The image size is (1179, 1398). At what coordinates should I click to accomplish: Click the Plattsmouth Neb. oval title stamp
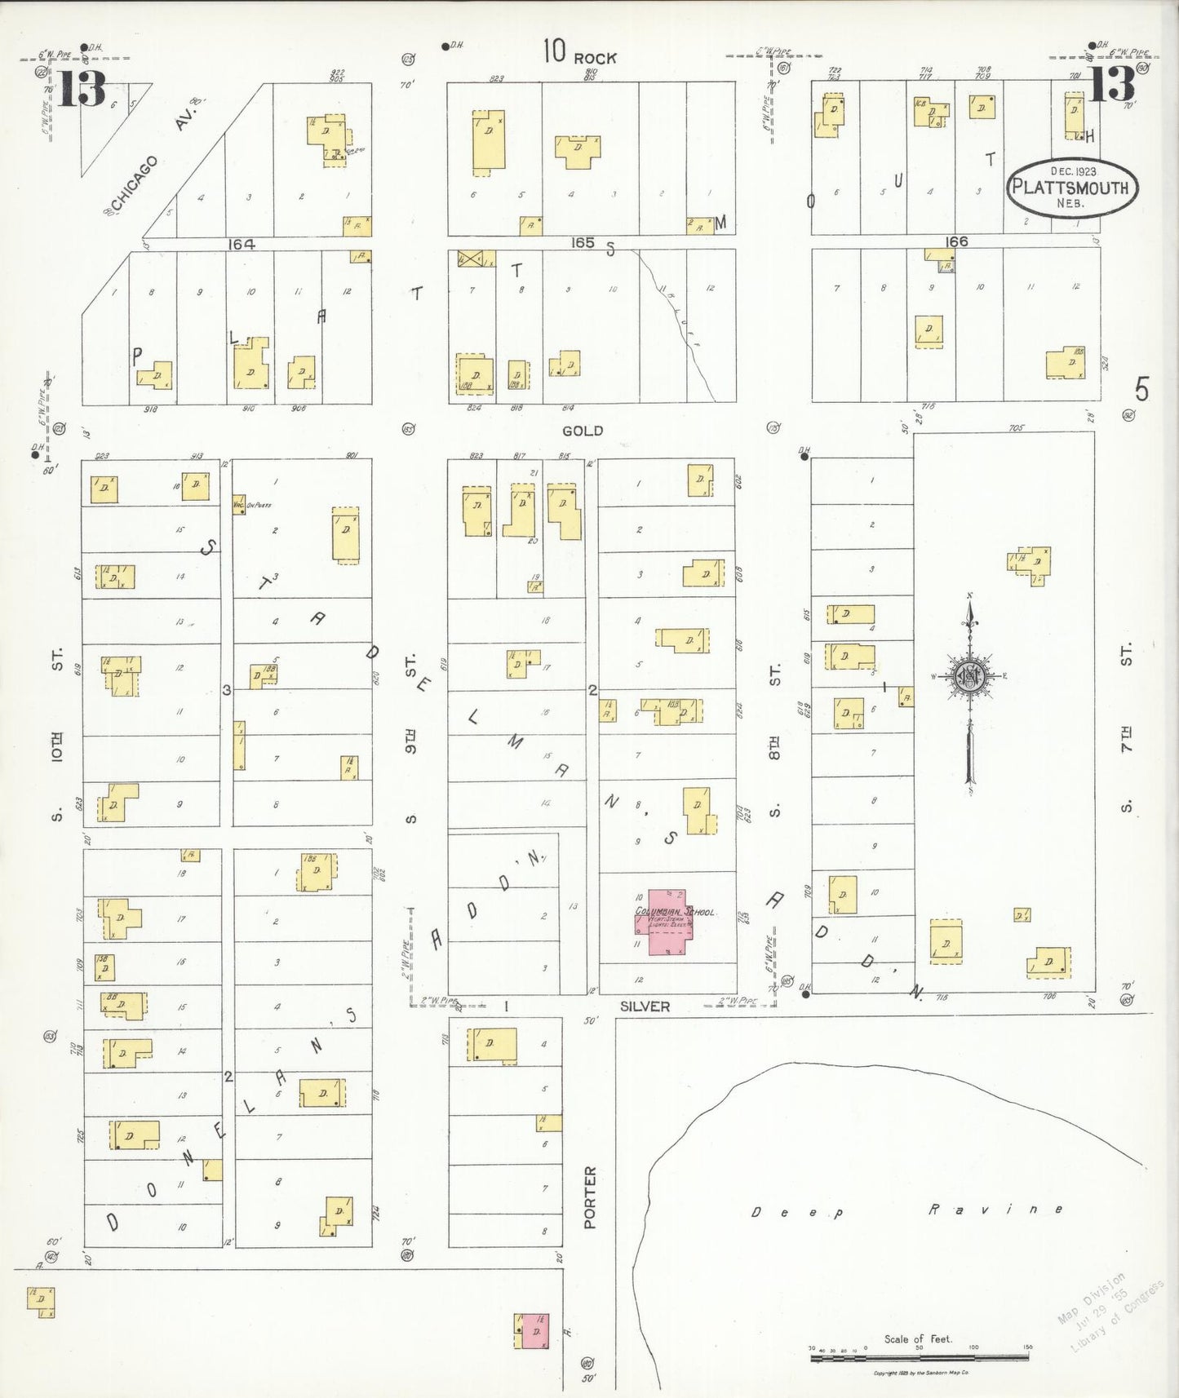[x=1070, y=187]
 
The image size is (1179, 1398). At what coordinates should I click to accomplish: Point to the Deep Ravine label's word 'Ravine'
[x=995, y=1210]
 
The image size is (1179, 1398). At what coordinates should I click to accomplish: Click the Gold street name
[x=582, y=431]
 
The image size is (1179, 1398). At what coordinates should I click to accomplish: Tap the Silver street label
[x=645, y=1006]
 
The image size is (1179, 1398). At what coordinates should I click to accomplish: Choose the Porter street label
[x=590, y=1198]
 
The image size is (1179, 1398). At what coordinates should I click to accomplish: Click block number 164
[x=242, y=243]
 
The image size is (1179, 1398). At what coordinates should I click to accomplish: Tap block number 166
[x=955, y=241]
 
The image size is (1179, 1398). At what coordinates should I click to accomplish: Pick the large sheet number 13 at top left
[x=82, y=89]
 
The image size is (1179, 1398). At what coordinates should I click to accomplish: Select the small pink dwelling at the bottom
[x=531, y=1331]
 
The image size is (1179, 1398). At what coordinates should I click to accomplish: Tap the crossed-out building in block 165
[x=470, y=259]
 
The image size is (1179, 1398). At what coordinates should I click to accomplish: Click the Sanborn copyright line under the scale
[x=920, y=1374]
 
